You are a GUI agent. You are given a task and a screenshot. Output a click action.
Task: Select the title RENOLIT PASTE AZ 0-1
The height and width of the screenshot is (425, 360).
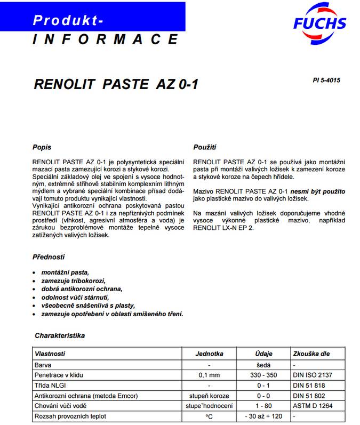116,84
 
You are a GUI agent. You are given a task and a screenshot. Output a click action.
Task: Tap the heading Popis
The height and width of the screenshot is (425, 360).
42,147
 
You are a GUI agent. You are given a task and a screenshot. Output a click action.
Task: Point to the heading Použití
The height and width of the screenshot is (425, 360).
205,147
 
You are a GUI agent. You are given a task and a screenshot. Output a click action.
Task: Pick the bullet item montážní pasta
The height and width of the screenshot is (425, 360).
65,272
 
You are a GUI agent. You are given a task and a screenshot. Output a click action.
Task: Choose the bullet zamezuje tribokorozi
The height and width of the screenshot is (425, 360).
74,280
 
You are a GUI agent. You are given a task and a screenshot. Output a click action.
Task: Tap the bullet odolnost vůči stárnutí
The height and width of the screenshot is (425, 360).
75,297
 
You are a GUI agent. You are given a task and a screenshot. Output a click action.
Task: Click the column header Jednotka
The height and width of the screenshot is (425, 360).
209,354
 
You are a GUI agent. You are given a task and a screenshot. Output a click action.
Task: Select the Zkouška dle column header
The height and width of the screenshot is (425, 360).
311,354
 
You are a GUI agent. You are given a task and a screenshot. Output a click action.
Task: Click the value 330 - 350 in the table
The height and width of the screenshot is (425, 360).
263,375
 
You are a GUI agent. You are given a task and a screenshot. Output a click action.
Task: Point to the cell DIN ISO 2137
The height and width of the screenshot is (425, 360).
313,375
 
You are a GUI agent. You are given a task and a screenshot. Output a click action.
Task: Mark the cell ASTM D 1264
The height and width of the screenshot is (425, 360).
313,405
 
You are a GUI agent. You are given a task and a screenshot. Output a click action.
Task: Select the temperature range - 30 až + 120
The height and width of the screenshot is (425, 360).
263,415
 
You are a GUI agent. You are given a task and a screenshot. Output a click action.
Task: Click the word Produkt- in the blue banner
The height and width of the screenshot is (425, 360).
68,20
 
